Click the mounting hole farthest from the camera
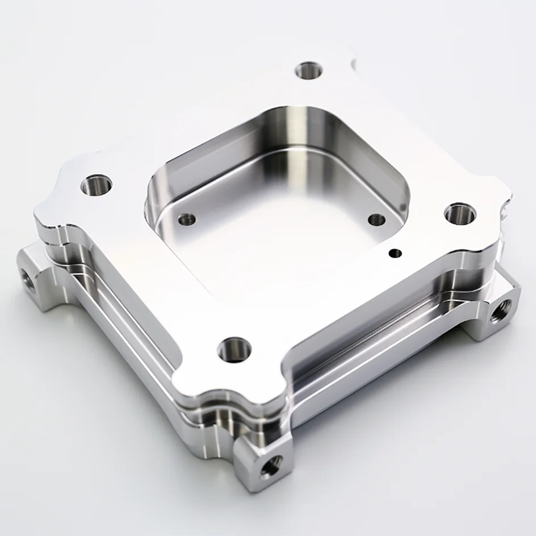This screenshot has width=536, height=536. (x=309, y=71)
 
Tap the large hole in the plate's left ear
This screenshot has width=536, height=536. (x=96, y=185)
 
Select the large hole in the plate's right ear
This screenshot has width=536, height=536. (x=459, y=213)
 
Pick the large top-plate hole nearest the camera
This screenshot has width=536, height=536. (x=234, y=348)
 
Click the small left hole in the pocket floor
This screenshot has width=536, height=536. (x=187, y=219)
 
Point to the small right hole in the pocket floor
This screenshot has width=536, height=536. (x=376, y=220)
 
